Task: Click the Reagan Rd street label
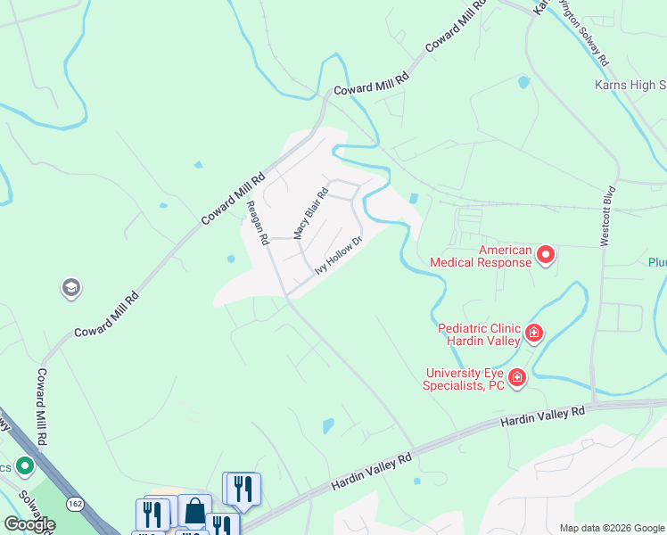[258, 223]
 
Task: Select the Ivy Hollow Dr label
[339, 256]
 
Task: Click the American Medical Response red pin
[545, 257]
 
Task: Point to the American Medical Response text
[481, 257]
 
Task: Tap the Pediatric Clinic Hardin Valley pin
[534, 333]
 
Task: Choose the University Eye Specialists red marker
[516, 379]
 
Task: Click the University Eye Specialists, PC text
[465, 379]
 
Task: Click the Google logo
[29, 524]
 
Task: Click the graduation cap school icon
[70, 288]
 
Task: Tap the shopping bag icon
[194, 512]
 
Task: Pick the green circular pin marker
[24, 465]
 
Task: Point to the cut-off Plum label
[656, 262]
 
